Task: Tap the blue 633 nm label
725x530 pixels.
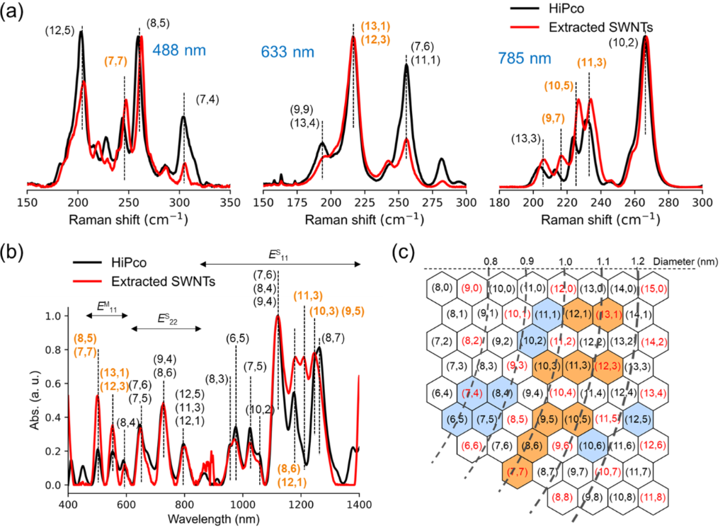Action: pos(285,52)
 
